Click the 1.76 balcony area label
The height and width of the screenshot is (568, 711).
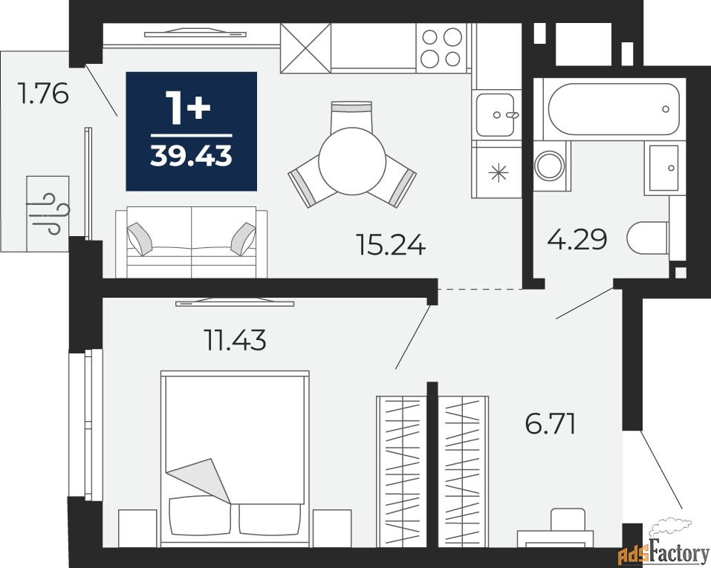point(42,94)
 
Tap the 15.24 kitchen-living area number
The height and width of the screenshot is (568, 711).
point(391,245)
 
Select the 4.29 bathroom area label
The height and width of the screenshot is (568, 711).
point(577,239)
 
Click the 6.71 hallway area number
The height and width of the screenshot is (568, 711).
point(551,424)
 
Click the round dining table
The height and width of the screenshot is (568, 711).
point(352,161)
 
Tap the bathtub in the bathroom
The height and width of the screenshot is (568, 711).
point(613,109)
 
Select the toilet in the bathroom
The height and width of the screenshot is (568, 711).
point(649,238)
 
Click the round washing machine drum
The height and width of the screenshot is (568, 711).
point(550,166)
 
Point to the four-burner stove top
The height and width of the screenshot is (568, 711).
point(441,48)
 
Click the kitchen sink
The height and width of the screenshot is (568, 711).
point(496,114)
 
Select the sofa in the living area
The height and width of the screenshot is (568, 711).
point(192,242)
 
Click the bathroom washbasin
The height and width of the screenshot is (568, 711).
point(664,168)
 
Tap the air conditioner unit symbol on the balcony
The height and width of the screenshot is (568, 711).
point(48,214)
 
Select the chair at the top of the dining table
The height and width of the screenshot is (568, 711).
point(351,115)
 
